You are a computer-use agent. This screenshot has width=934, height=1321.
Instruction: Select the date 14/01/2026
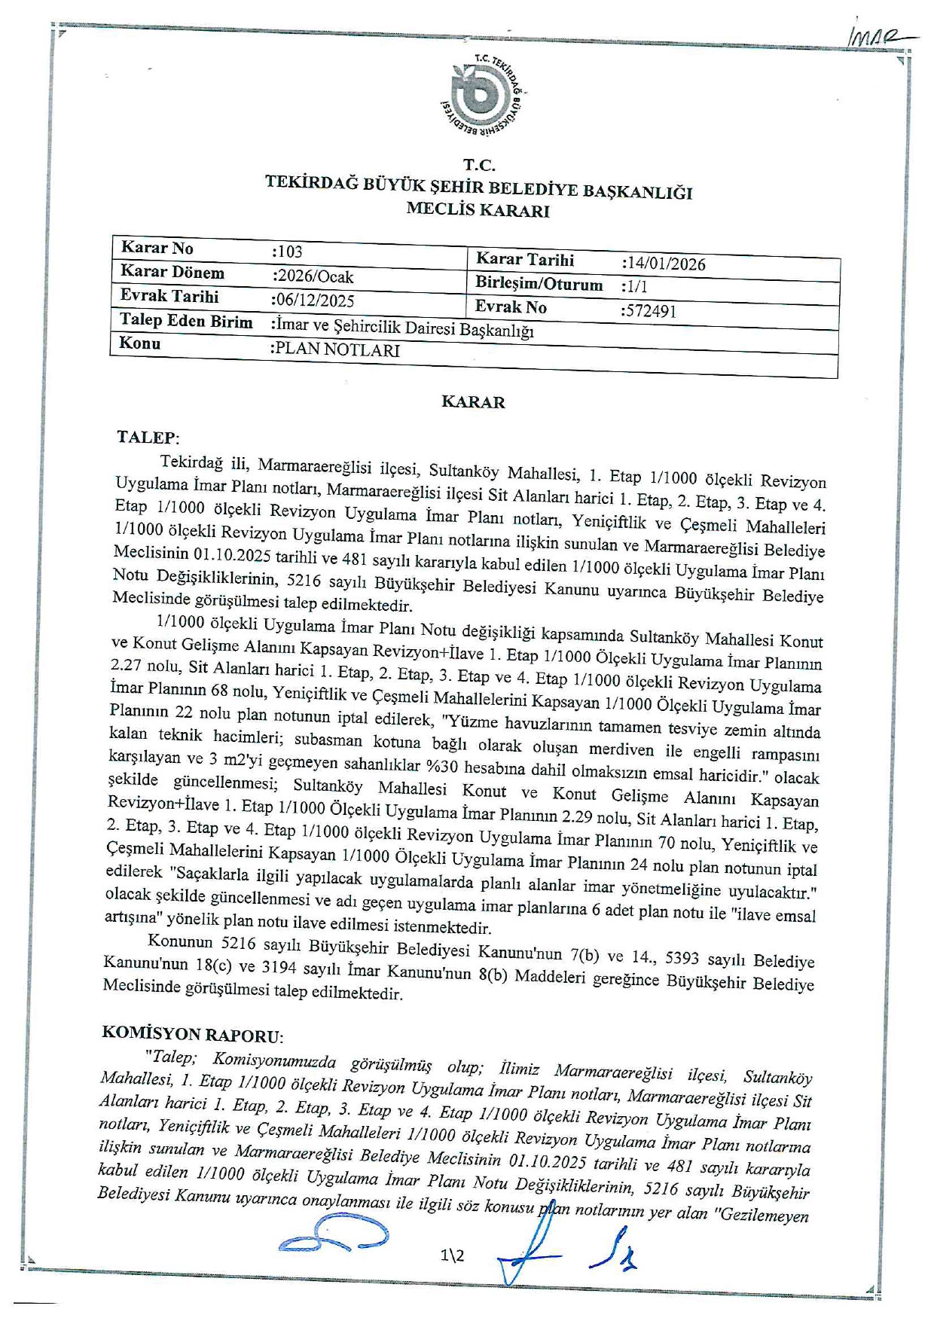pos(664,264)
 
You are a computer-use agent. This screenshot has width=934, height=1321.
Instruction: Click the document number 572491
pos(649,310)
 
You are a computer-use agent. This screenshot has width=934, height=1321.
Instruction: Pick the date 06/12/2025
pos(313,301)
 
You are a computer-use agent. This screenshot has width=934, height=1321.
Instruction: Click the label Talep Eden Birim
pos(186,322)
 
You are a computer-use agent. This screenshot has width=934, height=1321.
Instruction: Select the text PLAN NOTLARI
pos(335,349)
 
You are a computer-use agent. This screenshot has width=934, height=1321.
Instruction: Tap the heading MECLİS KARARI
pos(478,210)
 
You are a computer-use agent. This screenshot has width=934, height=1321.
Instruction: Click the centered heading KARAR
pos(473,402)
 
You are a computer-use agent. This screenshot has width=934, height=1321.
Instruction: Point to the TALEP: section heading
pos(148,437)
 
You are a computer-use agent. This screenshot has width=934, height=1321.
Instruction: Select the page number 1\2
pos(453,1255)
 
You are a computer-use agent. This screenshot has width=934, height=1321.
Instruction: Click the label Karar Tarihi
pos(524,260)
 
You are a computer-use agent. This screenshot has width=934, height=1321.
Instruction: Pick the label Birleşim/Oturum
pos(539,284)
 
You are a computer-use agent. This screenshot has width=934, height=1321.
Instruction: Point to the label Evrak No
pos(511,307)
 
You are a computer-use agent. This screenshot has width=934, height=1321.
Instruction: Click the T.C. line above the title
pos(479,165)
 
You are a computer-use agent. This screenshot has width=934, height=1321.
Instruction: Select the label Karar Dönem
pos(172,272)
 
